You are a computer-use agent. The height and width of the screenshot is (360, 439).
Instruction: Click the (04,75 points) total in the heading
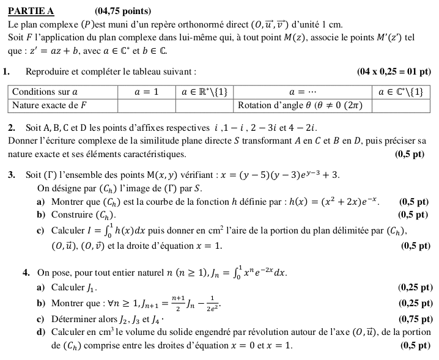tap(123, 11)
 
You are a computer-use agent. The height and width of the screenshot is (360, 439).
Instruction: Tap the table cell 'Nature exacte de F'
tap(51, 105)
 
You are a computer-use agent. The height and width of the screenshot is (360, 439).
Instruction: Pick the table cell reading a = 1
tap(147, 92)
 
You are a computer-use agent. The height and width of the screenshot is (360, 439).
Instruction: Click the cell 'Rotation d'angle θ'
tap(303, 105)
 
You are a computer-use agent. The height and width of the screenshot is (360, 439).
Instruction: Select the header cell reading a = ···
tap(303, 92)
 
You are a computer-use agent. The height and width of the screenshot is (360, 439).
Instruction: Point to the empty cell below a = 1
tap(147, 105)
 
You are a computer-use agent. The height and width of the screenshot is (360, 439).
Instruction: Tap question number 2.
tap(12, 128)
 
